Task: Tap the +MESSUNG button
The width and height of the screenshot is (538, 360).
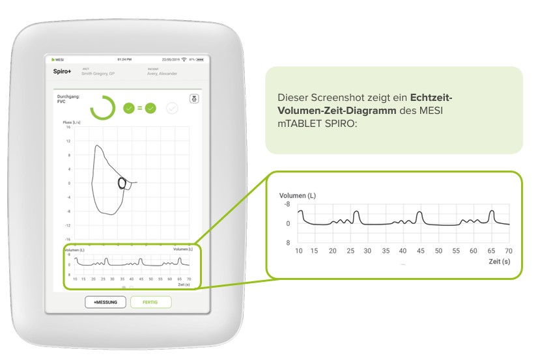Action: click(106, 302)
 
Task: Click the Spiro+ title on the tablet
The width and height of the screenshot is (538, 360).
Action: click(63, 72)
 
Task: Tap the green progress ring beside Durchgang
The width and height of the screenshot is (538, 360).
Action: click(103, 107)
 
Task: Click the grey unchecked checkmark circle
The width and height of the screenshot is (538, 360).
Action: click(172, 108)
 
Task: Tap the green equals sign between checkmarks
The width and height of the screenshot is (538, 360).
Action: click(139, 108)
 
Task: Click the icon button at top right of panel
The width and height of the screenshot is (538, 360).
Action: click(193, 98)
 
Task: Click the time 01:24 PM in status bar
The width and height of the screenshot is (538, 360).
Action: click(125, 59)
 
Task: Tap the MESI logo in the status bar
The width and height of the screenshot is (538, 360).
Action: click(58, 59)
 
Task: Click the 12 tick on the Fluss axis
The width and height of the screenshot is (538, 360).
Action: click(68, 141)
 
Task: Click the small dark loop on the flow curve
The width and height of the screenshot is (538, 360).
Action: click(121, 183)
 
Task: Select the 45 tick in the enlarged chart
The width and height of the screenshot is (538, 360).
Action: click(420, 251)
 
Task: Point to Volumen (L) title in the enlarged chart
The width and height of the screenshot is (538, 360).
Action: click(298, 195)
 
